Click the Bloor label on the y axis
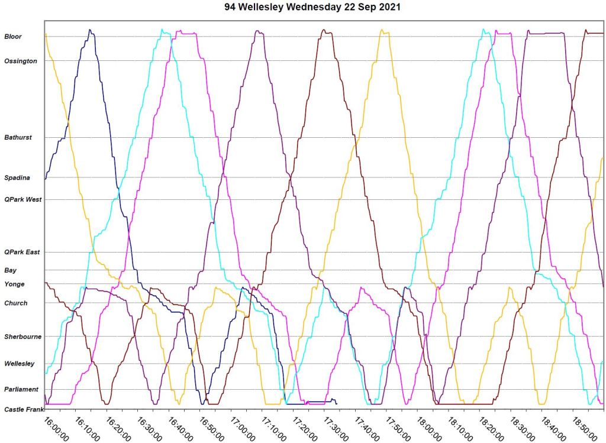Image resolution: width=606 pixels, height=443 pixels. (x=13, y=37)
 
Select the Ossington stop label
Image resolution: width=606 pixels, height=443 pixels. (x=21, y=61)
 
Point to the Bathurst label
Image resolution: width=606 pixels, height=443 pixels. (x=18, y=137)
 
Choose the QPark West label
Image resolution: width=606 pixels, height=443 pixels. (x=23, y=199)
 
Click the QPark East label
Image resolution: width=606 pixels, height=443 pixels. (x=22, y=252)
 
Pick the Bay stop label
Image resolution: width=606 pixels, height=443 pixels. (x=10, y=270)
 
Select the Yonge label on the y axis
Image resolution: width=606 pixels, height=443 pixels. (x=14, y=284)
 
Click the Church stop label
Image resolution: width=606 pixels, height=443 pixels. (x=16, y=303)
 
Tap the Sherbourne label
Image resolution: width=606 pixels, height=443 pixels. (x=23, y=337)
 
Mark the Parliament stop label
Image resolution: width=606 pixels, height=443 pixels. (x=21, y=389)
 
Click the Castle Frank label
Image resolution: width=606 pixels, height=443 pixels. (x=22, y=409)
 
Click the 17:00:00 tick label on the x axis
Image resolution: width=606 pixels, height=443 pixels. (x=243, y=426)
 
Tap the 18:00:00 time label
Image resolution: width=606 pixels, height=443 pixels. (x=430, y=426)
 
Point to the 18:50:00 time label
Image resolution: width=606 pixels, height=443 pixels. (x=585, y=426)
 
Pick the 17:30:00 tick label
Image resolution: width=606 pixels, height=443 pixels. (x=336, y=426)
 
